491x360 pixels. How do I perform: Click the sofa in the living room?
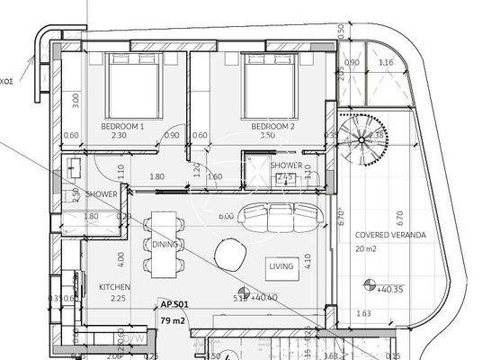tap(284, 217)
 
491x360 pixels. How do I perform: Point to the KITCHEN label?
tap(115, 288)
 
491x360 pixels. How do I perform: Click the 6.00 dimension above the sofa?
tap(226, 216)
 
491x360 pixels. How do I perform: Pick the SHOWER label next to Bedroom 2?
tap(285, 166)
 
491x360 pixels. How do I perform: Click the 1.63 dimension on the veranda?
tap(362, 312)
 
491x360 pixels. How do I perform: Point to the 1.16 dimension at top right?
tap(387, 62)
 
